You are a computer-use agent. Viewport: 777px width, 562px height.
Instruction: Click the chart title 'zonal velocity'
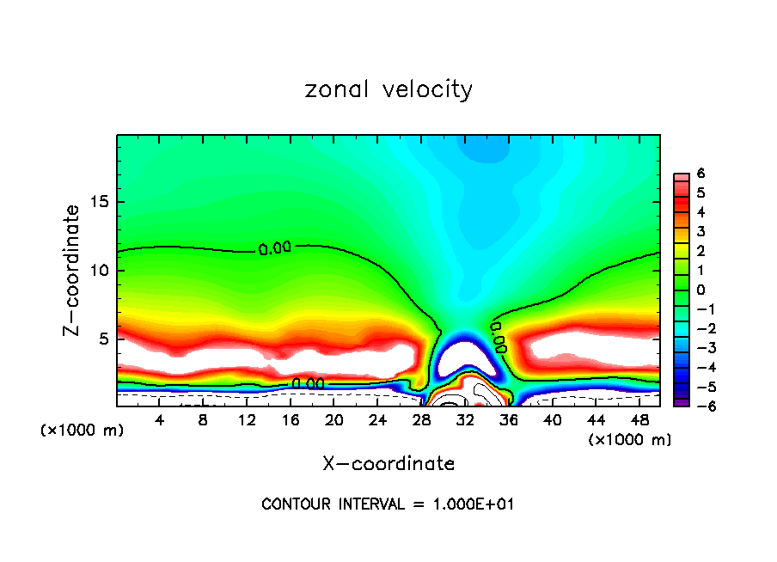point(388,89)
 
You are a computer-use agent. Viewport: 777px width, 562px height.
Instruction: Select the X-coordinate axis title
point(388,464)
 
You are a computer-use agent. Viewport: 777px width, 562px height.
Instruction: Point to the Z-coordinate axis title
point(74,269)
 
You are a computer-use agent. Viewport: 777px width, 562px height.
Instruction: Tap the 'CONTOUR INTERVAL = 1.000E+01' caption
point(388,504)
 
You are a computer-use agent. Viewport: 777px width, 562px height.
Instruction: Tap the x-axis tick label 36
point(509,420)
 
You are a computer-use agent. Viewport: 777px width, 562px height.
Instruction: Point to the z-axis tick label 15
point(101,203)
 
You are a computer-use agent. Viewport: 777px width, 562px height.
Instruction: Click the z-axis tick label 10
point(101,271)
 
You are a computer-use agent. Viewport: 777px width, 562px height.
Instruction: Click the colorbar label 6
point(701,174)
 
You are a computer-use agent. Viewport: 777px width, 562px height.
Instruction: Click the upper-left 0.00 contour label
point(274,249)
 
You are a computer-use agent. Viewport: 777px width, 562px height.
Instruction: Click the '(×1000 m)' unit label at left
point(83,430)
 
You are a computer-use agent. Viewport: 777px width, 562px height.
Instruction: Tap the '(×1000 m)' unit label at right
point(630,440)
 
